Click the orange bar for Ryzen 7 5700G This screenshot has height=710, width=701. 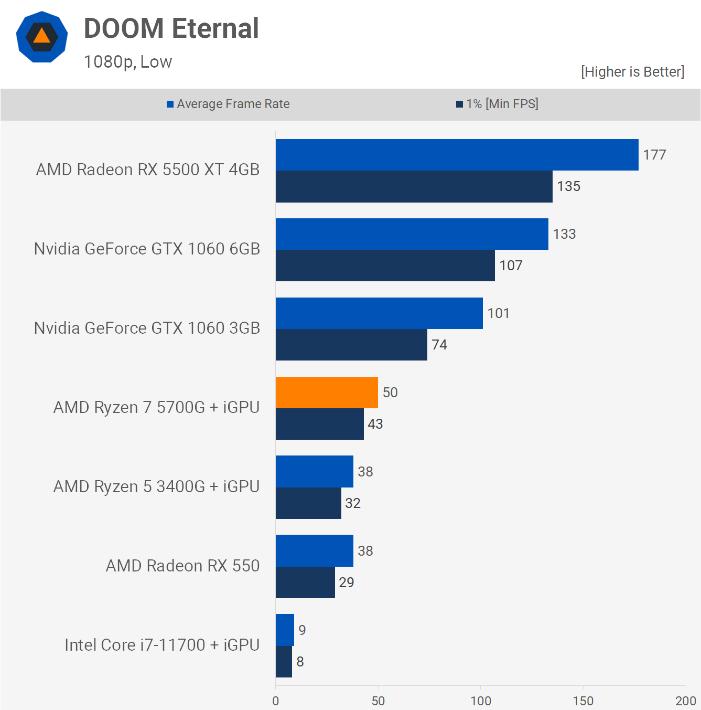click(327, 393)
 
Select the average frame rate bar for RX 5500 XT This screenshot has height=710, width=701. click(457, 155)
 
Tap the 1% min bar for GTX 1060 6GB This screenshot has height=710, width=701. click(385, 266)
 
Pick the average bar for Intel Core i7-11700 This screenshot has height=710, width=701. click(285, 630)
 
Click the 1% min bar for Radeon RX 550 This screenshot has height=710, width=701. click(305, 582)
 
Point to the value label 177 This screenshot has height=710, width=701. click(654, 155)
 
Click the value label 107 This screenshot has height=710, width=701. click(511, 266)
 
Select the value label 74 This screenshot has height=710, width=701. click(439, 345)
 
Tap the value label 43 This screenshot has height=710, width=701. click(375, 424)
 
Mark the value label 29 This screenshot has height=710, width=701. click(347, 582)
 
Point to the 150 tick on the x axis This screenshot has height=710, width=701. click(583, 701)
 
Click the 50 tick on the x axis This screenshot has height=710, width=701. click(378, 701)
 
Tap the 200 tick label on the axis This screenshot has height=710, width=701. click(685, 701)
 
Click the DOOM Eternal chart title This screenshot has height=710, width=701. click(171, 28)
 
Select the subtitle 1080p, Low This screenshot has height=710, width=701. click(128, 62)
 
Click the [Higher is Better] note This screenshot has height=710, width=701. click(632, 72)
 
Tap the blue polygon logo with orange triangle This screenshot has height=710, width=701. click(42, 37)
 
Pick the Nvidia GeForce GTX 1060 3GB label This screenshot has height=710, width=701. click(147, 328)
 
